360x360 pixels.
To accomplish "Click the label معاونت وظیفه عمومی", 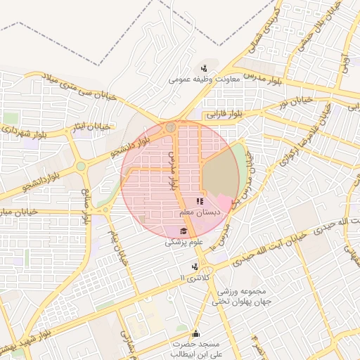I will tap(204, 79).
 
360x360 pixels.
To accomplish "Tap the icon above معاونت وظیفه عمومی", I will tap(204, 68).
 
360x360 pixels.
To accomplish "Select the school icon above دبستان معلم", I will tap(200, 202).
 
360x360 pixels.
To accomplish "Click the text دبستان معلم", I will tap(198, 212).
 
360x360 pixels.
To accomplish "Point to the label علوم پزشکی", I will tap(184, 242).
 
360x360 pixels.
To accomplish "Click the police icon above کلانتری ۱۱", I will tap(195, 266).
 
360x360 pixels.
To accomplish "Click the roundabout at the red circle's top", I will tap(171, 127).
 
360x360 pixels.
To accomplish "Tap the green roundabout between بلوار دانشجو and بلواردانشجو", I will tap(81, 167).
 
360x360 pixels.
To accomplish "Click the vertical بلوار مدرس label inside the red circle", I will tap(172, 172).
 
